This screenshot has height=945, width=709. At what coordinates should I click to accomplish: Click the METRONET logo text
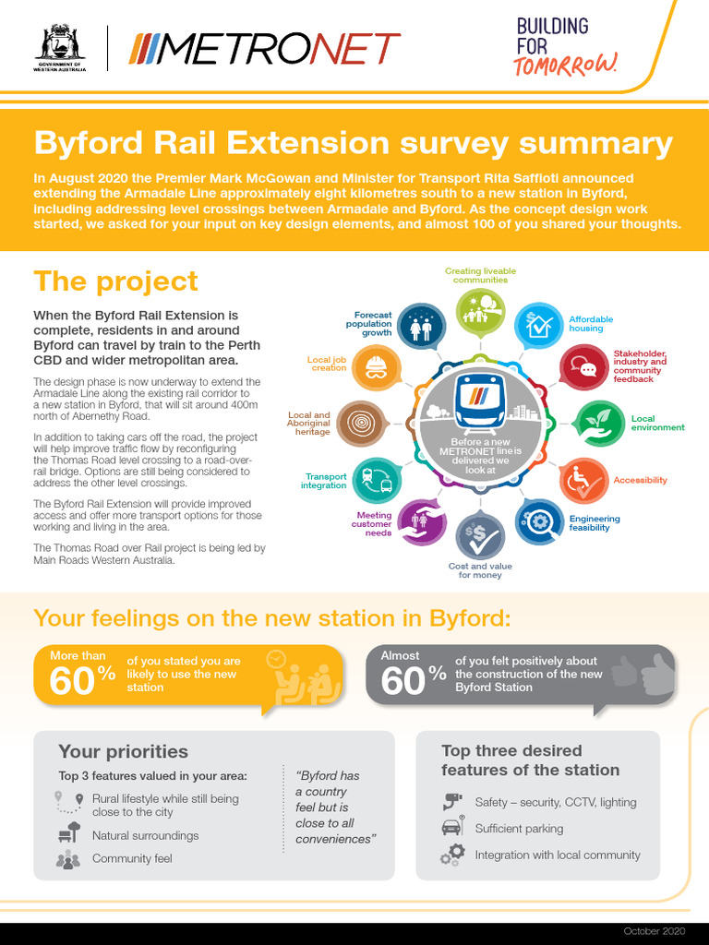[264, 48]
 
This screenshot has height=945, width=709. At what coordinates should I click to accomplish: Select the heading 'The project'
[115, 281]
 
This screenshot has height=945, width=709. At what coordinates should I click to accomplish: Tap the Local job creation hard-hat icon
[377, 368]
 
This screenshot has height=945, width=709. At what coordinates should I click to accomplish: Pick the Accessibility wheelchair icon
[583, 481]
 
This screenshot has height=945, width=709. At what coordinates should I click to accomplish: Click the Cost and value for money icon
[480, 537]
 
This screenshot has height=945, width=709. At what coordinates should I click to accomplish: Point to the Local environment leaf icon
[599, 423]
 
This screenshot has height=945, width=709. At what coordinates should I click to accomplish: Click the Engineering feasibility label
[595, 523]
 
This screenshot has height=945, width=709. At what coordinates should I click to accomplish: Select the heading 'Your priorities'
[123, 751]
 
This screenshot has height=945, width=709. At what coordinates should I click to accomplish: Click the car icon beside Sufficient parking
[451, 828]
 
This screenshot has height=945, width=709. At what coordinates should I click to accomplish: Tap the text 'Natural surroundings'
[145, 835]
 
